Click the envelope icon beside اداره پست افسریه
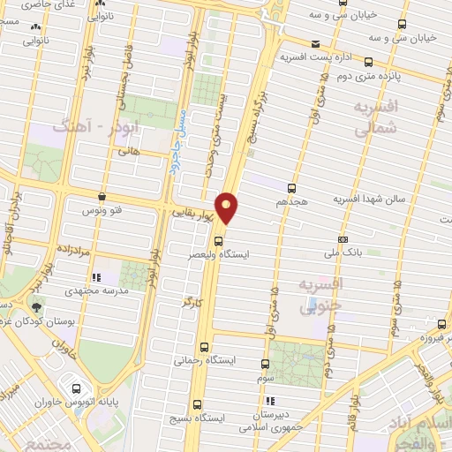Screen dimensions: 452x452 pos(316,42)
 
